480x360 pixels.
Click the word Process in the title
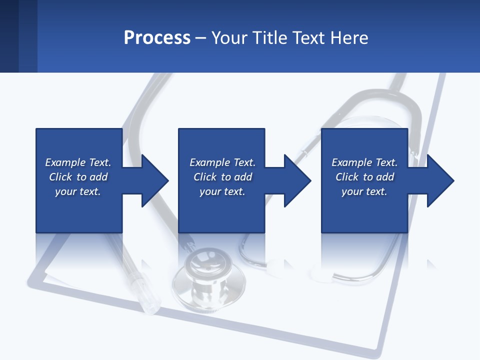157,38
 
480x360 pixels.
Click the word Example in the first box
65,162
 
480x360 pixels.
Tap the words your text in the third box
364,191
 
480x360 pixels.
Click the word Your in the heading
230,38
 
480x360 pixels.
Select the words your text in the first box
78,191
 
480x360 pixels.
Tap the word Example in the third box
351,162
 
